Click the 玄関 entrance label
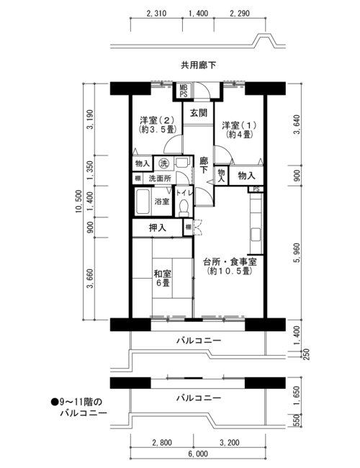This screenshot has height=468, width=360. tap(198, 113)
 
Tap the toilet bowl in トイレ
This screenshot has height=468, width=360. tap(184, 207)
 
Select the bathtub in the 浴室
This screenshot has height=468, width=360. tap(143, 202)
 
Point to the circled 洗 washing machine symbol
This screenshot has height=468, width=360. tap(163, 163)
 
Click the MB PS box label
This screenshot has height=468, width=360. tap(184, 91)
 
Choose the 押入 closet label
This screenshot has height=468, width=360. tap(158, 228)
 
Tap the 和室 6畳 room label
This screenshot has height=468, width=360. tap(163, 278)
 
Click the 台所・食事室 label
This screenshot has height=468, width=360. tap(230, 262)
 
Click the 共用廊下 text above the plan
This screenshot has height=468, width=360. tap(198, 65)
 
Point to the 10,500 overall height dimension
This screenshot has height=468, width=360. tap(78, 201)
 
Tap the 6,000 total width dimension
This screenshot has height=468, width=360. tap(198, 454)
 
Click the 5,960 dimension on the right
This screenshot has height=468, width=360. tap(297, 253)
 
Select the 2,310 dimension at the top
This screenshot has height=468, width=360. tap(156, 14)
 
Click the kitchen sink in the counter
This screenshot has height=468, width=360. tap(256, 235)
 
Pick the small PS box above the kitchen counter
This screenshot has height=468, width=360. tap(256, 189)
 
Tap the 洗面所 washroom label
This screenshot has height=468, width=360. tap(160, 179)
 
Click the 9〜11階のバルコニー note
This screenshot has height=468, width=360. tap(78, 408)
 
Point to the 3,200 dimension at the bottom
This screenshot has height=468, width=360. tap(229, 442)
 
